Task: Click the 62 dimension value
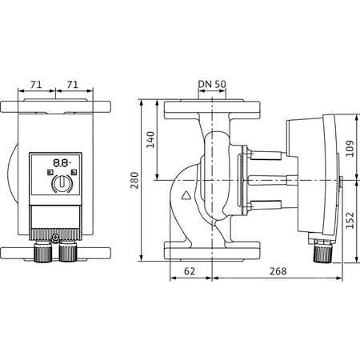(x=190, y=272)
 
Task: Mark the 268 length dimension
(x=277, y=272)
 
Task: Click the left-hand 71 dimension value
(x=34, y=82)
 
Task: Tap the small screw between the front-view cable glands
(x=55, y=237)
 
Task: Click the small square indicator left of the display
(x=50, y=171)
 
